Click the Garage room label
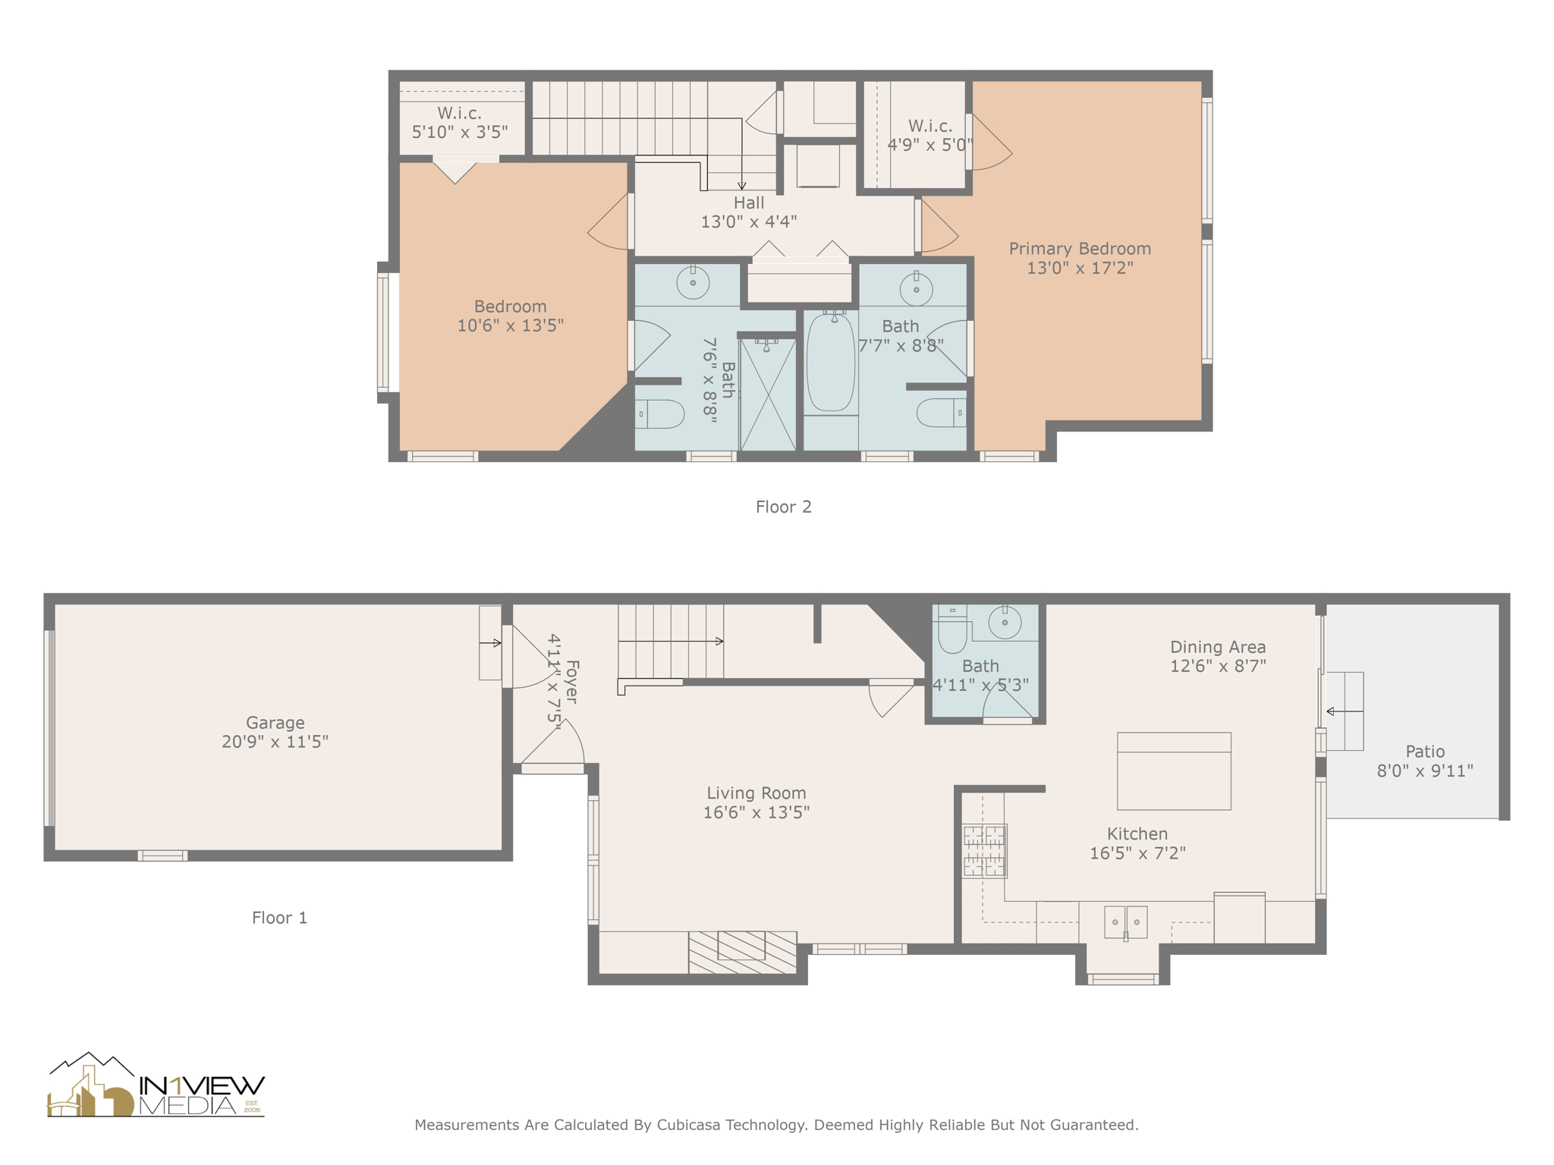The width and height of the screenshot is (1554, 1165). [x=275, y=722]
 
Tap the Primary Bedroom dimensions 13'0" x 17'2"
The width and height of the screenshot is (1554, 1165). [x=1079, y=268]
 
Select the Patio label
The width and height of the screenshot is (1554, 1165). [x=1424, y=752]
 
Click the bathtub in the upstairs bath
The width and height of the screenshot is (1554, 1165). [x=831, y=362]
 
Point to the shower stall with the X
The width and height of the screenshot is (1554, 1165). [x=767, y=394]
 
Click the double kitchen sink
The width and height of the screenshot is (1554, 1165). [x=1125, y=922]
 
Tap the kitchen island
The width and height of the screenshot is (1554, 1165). [x=1173, y=771]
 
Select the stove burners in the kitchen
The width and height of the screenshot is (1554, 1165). [x=984, y=850]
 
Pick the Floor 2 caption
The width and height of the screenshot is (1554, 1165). [x=783, y=507]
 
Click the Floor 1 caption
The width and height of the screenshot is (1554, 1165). [x=279, y=918]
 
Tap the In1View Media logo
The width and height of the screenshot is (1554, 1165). [x=156, y=1086]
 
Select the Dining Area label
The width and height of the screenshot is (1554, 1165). [x=1217, y=647]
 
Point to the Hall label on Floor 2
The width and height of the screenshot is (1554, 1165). [x=748, y=203]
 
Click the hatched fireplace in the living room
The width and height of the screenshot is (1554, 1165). [x=741, y=952]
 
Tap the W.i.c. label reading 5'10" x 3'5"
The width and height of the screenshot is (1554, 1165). [x=459, y=132]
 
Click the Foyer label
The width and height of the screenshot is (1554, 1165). [x=572, y=681]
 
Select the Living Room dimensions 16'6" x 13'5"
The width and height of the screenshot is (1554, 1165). [x=756, y=812]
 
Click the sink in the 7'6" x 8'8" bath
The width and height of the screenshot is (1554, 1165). [x=692, y=283]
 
